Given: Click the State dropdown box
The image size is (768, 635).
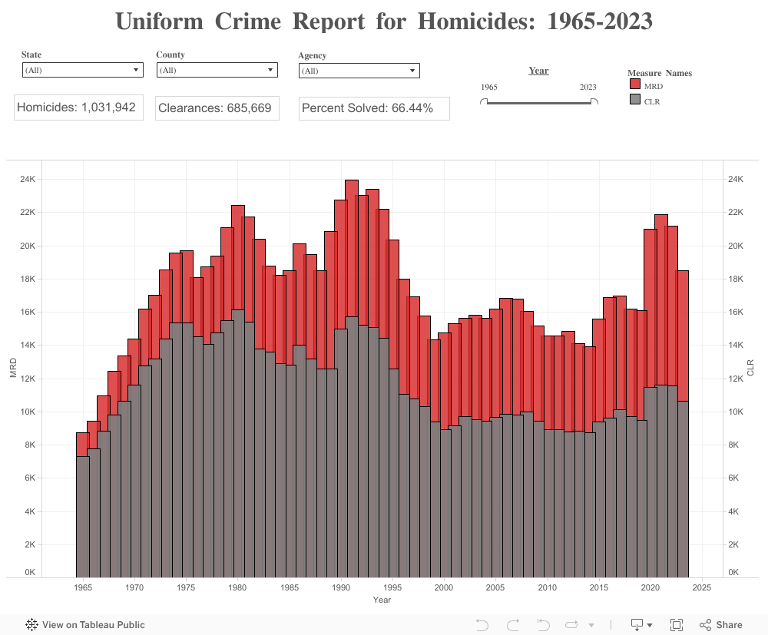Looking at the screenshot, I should click(x=82, y=70).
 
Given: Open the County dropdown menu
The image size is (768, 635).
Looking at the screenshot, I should click(x=217, y=70).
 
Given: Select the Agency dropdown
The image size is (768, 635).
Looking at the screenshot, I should click(x=359, y=71).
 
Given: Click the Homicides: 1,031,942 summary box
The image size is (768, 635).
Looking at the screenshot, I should click(x=78, y=107).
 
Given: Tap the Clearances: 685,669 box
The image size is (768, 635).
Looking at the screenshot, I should click(x=216, y=108).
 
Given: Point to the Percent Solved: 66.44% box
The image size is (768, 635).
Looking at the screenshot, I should click(x=374, y=108).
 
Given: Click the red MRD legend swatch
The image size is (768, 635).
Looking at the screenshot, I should click(x=635, y=85).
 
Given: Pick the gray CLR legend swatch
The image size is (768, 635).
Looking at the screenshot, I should click(x=635, y=101).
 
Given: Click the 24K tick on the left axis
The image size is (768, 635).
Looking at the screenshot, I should click(x=28, y=180).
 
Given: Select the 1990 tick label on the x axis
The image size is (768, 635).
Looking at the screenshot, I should click(x=341, y=588).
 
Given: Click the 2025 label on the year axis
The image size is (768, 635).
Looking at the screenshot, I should click(x=702, y=588).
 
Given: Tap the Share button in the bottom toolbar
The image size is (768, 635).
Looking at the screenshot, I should click(x=721, y=625).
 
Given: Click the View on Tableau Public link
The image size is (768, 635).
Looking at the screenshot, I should click(x=85, y=625).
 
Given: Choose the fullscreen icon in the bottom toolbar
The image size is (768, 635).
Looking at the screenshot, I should click(x=677, y=625).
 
